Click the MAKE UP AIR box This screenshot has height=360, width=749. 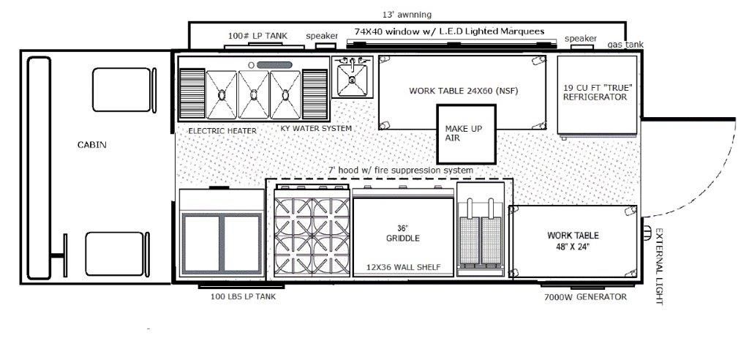(x=466, y=135)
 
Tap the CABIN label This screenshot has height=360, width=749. (x=91, y=144)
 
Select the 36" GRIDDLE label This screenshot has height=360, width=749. (x=403, y=233)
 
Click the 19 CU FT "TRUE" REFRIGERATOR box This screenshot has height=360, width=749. (x=597, y=95)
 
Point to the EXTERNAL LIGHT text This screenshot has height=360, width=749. (x=659, y=266)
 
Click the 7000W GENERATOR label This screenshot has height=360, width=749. (x=585, y=297)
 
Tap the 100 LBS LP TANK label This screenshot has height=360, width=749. (x=243, y=296)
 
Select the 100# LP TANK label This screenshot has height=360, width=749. (x=258, y=36)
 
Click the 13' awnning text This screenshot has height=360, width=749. (x=407, y=15)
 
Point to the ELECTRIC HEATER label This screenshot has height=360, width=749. (x=222, y=130)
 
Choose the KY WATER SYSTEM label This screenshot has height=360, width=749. (x=316, y=128)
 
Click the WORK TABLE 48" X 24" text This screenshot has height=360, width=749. (x=573, y=241)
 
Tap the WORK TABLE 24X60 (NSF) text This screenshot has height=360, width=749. (x=463, y=91)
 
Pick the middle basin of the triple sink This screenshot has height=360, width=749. (x=254, y=94)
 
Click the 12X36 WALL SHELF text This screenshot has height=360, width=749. (x=403, y=267)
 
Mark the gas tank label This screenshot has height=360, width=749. (x=625, y=45)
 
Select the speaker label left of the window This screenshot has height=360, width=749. (x=322, y=36)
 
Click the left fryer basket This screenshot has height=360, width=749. (x=469, y=241)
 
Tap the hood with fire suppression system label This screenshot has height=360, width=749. (x=400, y=170)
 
